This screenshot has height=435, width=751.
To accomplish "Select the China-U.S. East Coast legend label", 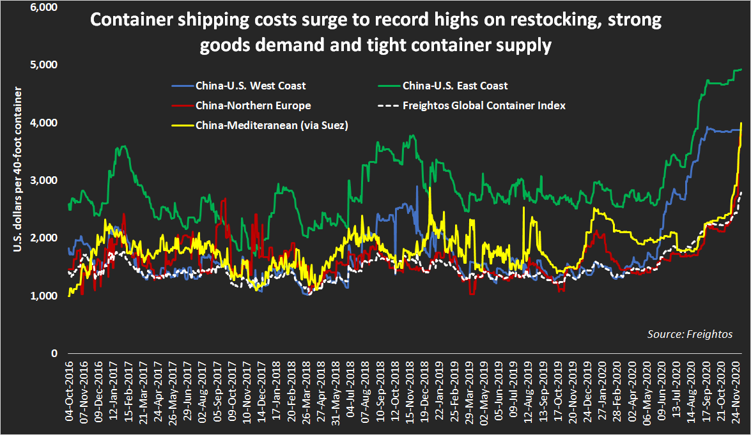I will pos(454,85).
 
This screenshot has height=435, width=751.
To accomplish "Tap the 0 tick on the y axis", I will pos(54,353).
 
